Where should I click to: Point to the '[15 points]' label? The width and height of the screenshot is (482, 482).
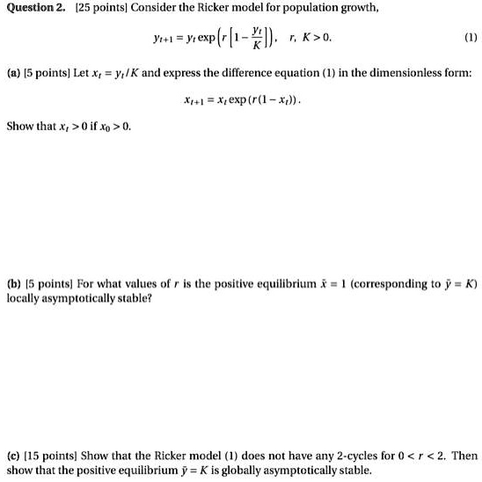[x=49, y=456]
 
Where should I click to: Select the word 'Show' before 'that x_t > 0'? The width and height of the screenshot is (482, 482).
[x=20, y=127]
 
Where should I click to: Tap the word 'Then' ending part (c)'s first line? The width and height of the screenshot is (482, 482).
[x=464, y=456]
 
